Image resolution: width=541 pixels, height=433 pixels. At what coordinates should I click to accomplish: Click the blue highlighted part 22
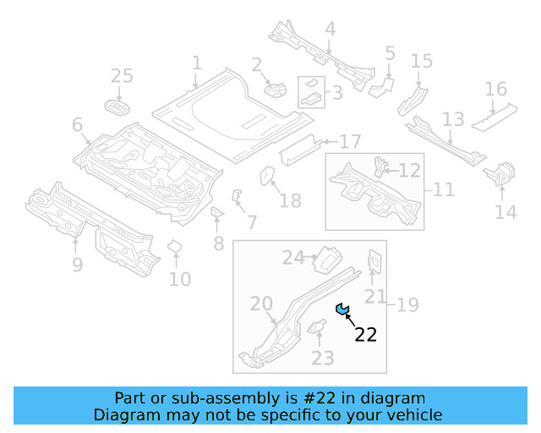point(342,309)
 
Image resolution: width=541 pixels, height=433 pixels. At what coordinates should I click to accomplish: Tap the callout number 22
point(365,335)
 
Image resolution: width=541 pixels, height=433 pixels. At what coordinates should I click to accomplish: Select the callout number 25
point(122,77)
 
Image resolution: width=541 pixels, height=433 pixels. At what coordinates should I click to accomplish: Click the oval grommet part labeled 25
point(117,107)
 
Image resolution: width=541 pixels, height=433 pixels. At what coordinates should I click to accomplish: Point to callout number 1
point(196,63)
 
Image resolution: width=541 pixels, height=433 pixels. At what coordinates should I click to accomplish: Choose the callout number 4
point(330,30)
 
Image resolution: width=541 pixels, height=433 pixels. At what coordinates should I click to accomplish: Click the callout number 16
point(495,90)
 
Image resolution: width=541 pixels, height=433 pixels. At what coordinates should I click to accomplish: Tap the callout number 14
point(505,212)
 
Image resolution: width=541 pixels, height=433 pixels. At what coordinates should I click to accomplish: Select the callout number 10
point(179,278)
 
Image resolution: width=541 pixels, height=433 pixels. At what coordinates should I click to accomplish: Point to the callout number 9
point(77,266)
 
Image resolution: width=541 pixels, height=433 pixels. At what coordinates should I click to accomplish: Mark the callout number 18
point(290,200)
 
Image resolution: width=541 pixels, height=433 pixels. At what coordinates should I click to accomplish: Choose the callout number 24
point(292,258)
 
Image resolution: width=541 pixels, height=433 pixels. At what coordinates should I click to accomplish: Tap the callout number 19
point(407,304)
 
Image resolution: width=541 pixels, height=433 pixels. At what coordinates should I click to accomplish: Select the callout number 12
point(409,171)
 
